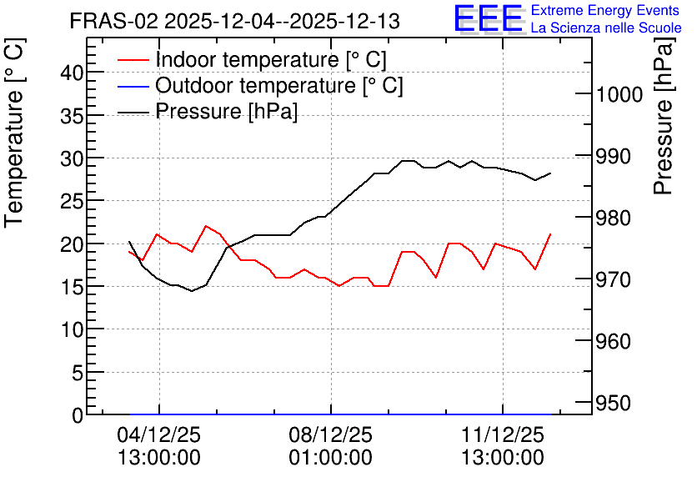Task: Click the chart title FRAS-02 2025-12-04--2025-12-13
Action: (235, 21)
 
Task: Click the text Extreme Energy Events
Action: (605, 10)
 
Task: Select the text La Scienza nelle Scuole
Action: (606, 28)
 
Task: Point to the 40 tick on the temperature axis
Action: (72, 73)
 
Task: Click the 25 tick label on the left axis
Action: (72, 201)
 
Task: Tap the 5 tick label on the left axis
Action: (78, 373)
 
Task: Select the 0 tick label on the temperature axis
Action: (78, 415)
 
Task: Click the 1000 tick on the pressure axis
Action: (619, 95)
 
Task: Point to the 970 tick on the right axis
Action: (614, 280)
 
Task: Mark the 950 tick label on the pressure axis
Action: (614, 404)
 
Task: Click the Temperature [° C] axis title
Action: (14, 133)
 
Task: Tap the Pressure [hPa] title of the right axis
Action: (664, 116)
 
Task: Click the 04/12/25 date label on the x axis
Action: (158, 434)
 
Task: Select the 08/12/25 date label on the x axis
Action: (330, 434)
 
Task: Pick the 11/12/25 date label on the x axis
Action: (502, 434)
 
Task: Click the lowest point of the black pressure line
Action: (192, 291)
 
